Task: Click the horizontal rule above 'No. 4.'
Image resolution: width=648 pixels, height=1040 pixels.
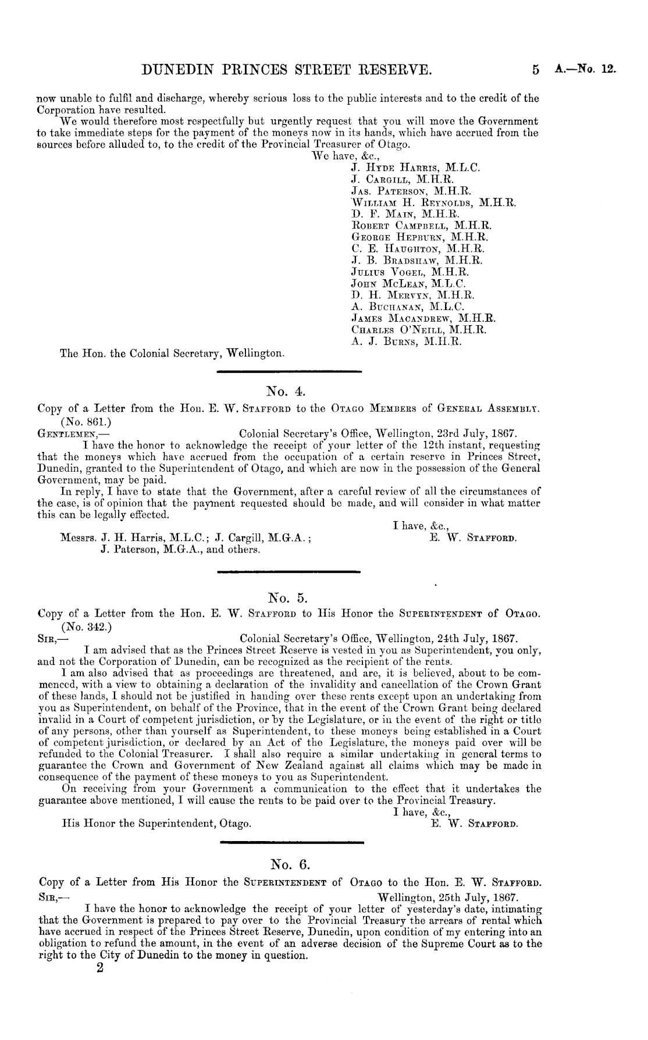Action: (289, 371)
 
